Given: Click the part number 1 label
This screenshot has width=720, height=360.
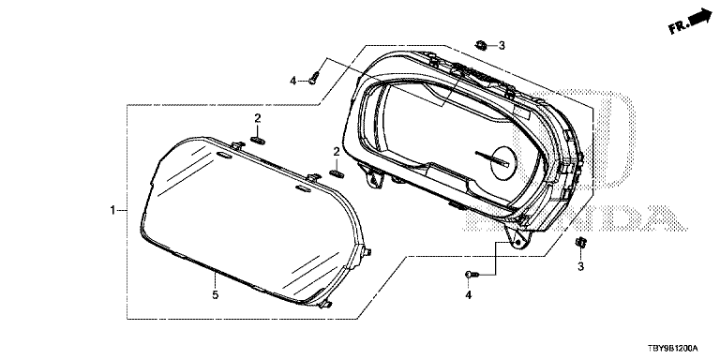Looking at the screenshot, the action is point(112,210).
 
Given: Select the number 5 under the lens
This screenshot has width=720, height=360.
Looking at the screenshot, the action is point(216,294).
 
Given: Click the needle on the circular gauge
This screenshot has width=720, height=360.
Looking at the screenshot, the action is point(492,158).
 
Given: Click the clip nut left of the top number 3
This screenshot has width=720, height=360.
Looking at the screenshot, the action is point(481,45).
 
